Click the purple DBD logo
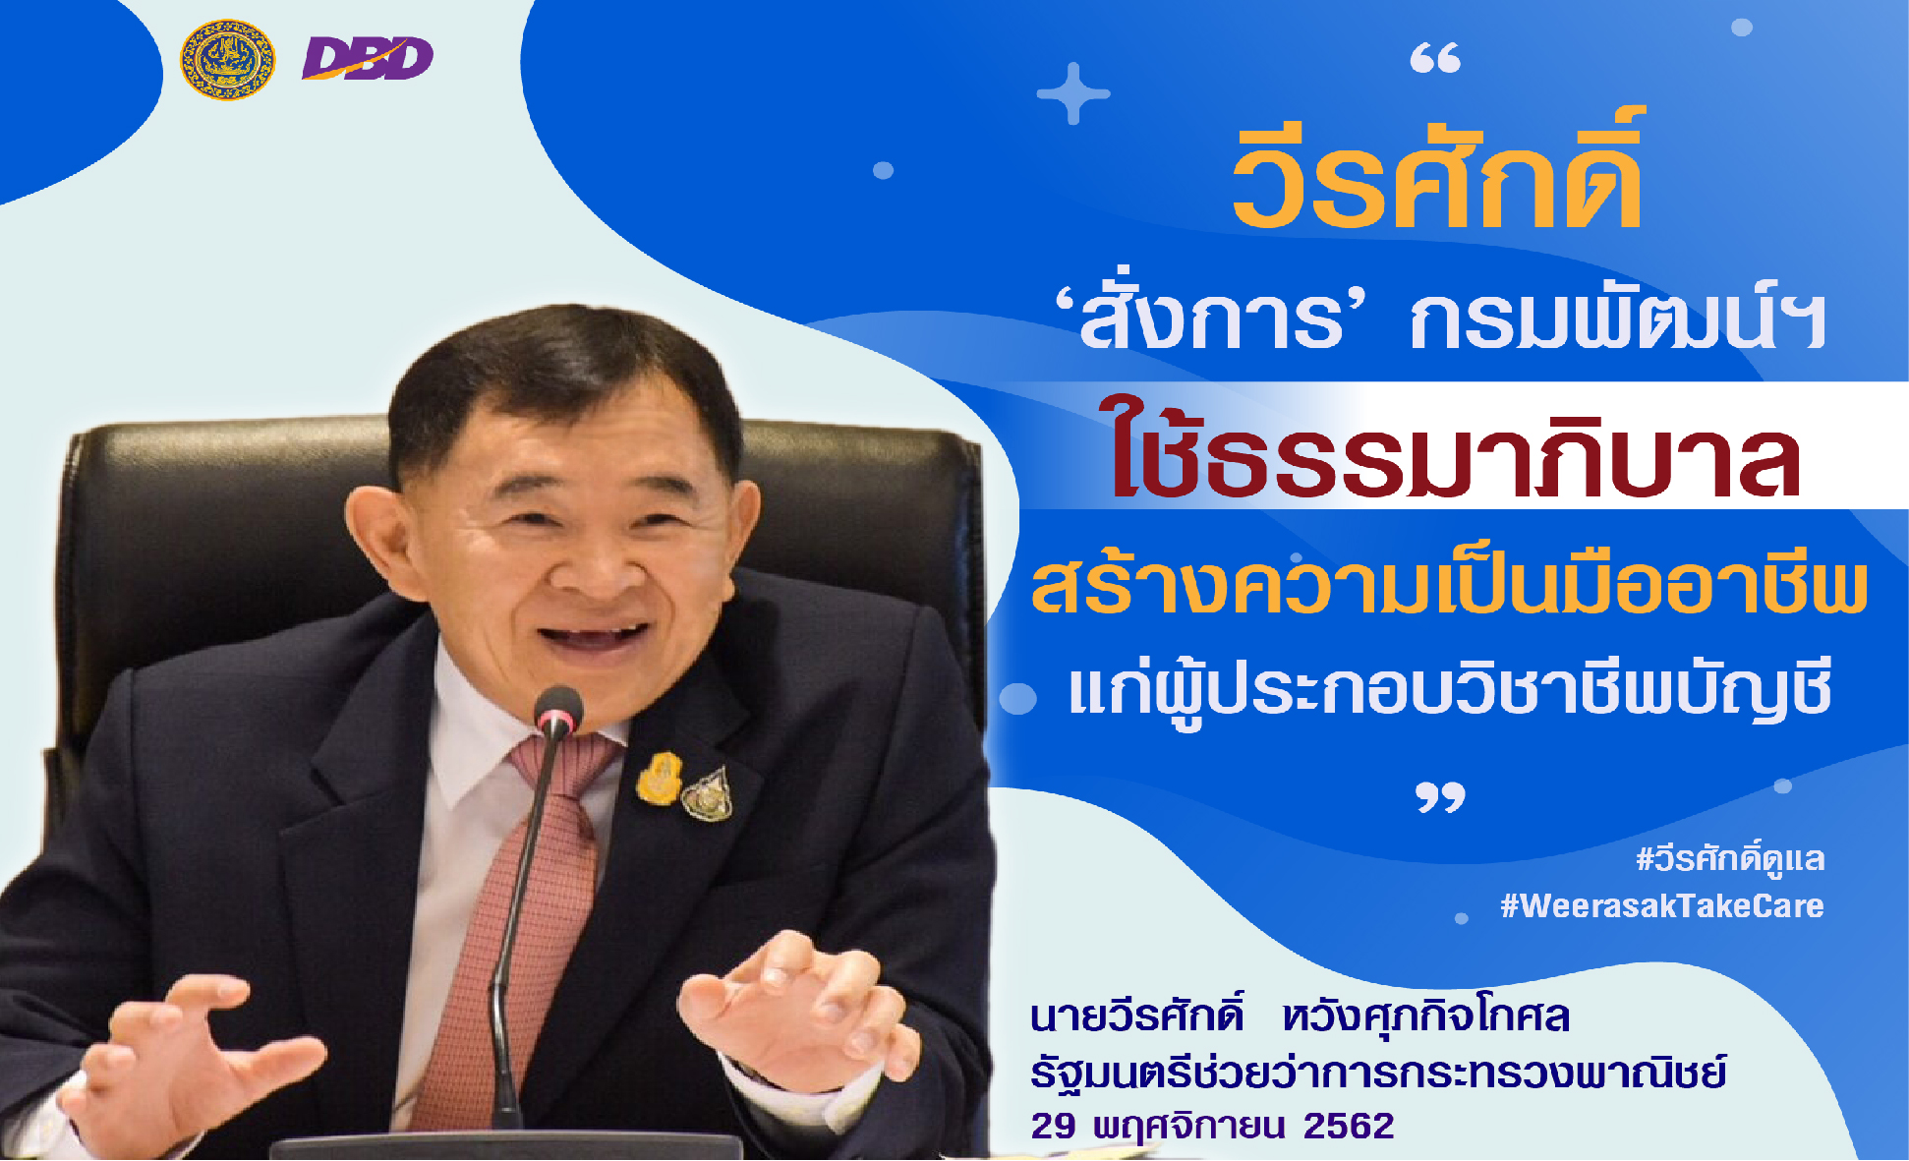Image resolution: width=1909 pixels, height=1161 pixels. (x=368, y=59)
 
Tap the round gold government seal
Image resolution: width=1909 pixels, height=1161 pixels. (x=227, y=60)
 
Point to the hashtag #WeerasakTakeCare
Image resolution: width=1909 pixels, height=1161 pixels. (x=1661, y=905)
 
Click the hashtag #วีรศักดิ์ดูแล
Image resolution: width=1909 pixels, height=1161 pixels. (x=1730, y=859)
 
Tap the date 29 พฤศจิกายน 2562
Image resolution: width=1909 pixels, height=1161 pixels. (x=1212, y=1126)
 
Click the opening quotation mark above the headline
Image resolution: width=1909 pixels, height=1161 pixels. (x=1435, y=60)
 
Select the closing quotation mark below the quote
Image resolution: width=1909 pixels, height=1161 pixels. (x=1440, y=797)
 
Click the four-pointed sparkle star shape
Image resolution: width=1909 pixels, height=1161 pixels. (x=1072, y=94)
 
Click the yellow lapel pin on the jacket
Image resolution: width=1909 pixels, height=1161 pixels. (x=659, y=779)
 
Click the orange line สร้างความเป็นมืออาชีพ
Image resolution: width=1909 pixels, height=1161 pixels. (x=1449, y=587)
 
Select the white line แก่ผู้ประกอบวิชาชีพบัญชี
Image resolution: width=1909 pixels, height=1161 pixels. (x=1450, y=691)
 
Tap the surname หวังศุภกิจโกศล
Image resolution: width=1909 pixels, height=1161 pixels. (x=1425, y=1016)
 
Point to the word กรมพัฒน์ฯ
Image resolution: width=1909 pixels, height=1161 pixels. (x=1617, y=320)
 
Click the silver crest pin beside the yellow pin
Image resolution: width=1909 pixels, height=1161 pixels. (x=708, y=794)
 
